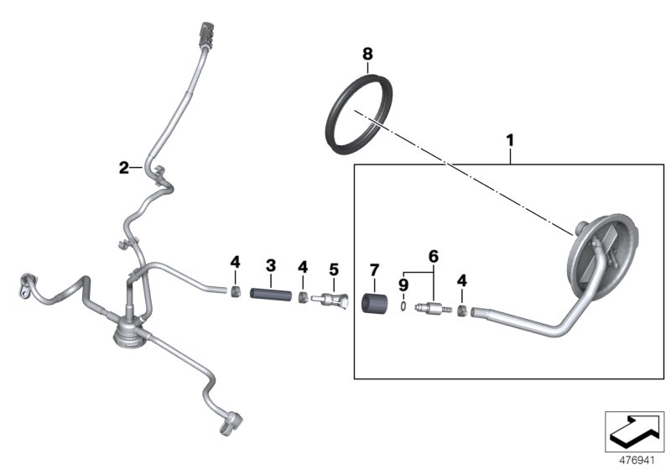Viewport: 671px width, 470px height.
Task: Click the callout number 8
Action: coord(367,54)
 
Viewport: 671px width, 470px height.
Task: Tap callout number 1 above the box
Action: coord(510,140)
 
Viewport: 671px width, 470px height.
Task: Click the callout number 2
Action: coord(123,167)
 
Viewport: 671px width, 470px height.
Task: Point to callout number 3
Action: coord(271,265)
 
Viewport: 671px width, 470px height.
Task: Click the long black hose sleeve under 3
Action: coord(271,295)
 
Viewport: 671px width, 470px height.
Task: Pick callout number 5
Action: coord(334,269)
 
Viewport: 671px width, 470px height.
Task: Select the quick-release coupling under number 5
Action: coord(330,300)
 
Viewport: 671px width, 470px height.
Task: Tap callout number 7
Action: coord(374,270)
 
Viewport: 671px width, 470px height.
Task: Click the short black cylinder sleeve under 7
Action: coord(374,304)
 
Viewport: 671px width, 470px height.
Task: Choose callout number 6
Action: coord(434,257)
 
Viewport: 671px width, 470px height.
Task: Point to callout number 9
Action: coord(403,285)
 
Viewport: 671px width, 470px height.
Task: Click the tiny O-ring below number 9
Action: coord(403,306)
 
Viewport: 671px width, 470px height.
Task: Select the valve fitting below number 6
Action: coord(433,307)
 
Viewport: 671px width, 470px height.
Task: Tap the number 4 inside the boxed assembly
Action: coord(462,281)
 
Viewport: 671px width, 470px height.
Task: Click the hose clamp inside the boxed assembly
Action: coord(462,311)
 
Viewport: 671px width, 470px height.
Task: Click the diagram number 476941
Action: coord(637,461)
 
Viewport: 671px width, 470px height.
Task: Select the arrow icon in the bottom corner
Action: coord(634,431)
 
